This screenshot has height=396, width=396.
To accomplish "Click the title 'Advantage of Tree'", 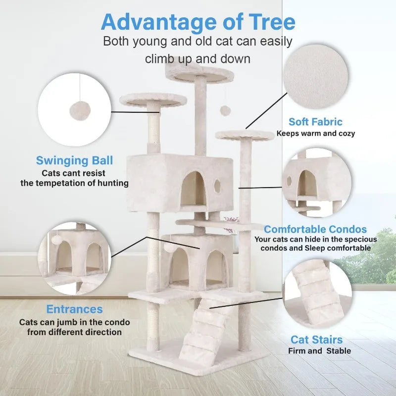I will click(x=198, y=22).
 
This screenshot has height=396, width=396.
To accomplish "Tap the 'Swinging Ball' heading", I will click(x=74, y=160).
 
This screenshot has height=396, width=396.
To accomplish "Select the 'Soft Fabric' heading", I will click(x=315, y=122).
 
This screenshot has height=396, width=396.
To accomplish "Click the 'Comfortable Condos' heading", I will click(x=315, y=229).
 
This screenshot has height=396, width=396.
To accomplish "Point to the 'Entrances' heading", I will click(x=74, y=309).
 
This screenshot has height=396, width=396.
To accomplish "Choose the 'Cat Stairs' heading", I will click(x=316, y=340).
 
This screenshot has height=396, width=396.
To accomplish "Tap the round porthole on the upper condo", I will click(x=216, y=186).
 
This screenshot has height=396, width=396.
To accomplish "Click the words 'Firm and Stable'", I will click(x=319, y=351).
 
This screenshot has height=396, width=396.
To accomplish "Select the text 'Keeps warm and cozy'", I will click(x=315, y=133).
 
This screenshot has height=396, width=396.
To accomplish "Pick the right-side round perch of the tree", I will click(x=245, y=135).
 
